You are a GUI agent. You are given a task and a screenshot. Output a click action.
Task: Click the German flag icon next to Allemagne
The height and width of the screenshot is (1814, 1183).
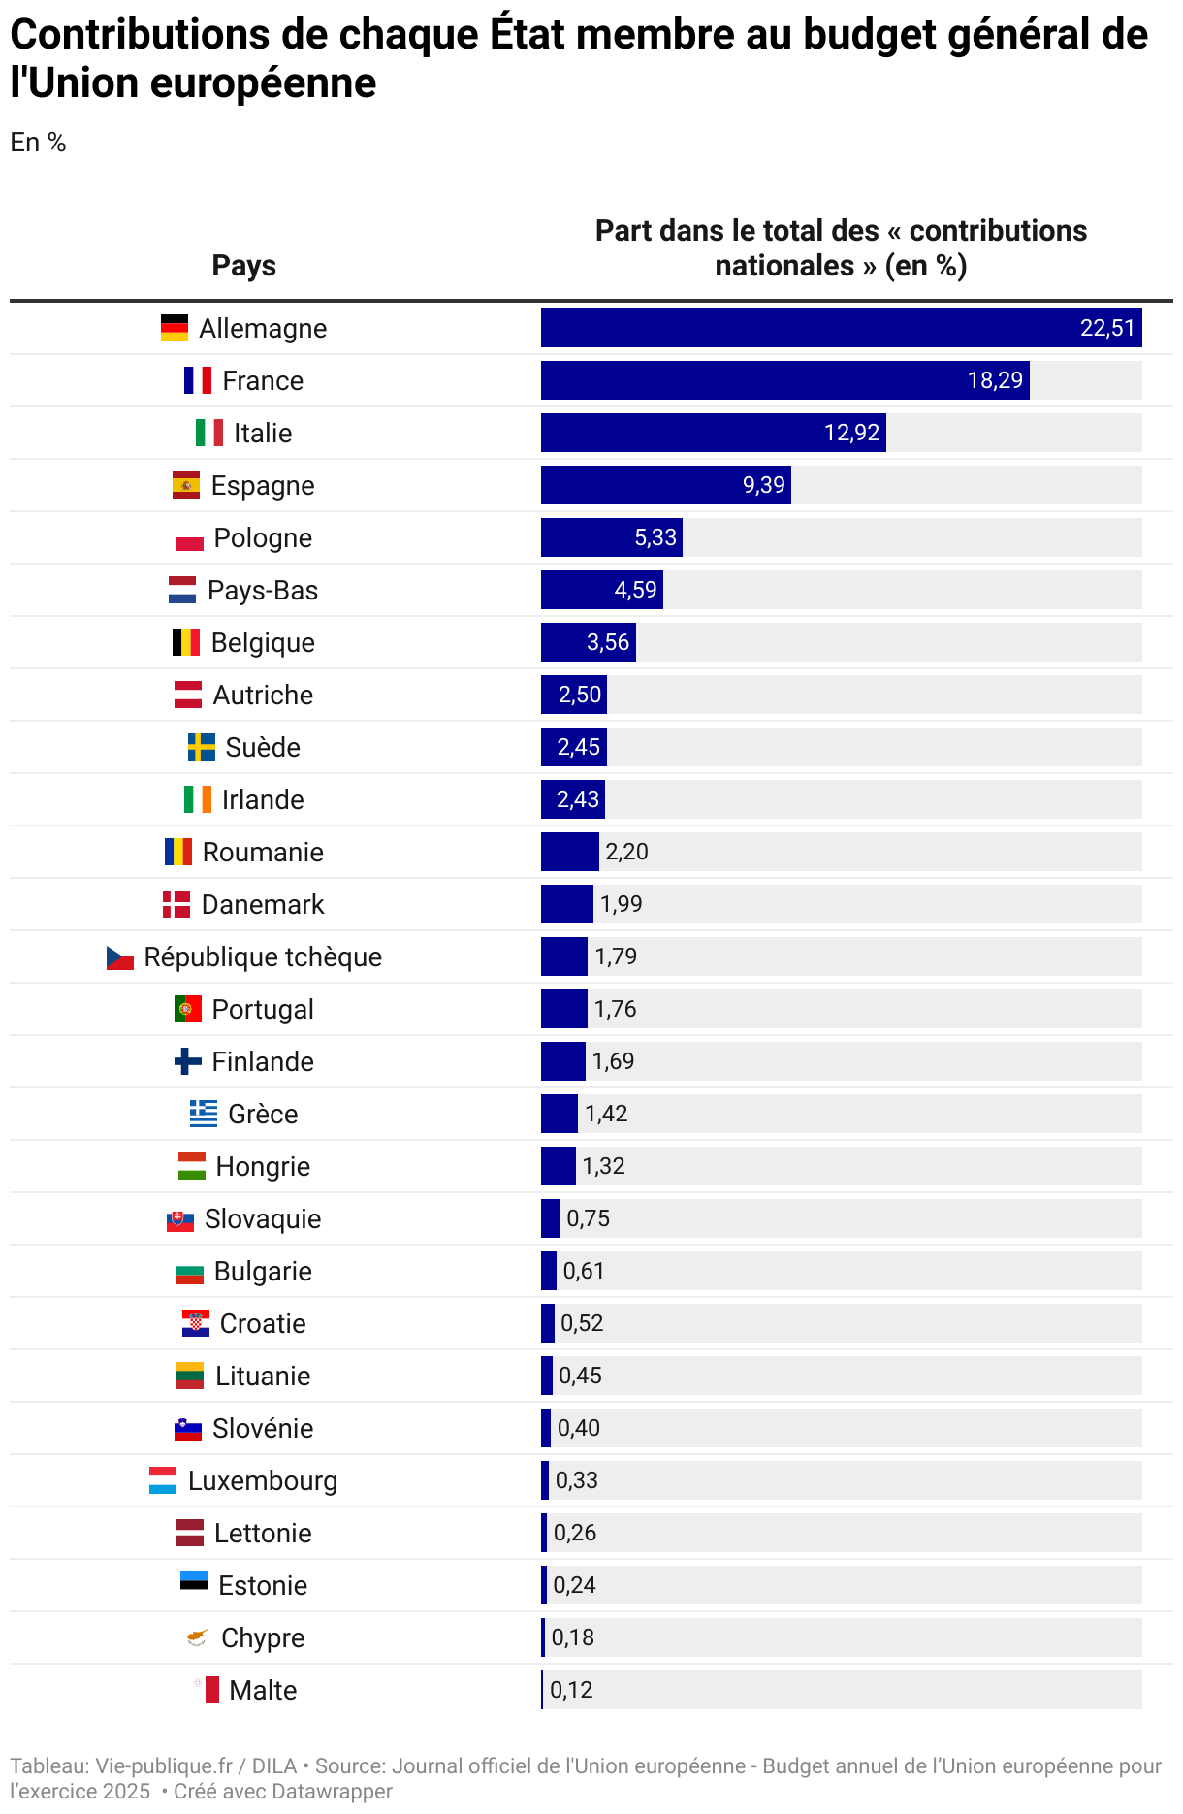175,328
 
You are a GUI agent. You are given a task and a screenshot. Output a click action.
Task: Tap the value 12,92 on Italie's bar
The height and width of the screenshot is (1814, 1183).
851,433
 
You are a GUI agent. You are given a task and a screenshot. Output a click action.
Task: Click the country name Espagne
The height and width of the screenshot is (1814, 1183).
263,485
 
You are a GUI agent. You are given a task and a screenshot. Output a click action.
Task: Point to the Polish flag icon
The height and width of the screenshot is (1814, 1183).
190,538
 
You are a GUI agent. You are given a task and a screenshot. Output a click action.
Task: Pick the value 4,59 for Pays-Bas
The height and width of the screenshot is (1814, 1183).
635,590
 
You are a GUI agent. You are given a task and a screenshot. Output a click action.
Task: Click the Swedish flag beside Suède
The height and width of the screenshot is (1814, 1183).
202,747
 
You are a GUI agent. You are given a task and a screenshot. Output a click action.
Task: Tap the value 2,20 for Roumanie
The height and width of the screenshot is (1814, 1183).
626,852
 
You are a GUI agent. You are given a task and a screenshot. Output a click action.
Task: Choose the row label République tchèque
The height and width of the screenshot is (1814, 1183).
263,956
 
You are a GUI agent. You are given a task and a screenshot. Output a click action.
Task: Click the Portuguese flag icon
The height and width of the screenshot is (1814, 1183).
188,1009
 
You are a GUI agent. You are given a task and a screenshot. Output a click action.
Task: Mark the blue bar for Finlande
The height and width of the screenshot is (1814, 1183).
562,1061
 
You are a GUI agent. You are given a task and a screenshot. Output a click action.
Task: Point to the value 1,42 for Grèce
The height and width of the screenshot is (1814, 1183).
606,1114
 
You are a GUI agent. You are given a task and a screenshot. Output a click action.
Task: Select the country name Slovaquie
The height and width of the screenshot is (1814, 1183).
263,1218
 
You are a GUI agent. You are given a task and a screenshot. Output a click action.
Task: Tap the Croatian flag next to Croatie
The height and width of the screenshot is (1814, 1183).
196,1323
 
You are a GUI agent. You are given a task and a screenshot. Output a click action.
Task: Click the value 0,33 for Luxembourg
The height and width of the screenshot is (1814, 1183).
576,1480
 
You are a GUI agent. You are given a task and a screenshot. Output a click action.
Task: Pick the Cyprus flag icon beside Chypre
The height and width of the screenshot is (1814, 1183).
197,1637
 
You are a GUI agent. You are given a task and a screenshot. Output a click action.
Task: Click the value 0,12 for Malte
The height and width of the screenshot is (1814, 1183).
571,1690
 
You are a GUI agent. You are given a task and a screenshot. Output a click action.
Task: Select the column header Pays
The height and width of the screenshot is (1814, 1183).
244,266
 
